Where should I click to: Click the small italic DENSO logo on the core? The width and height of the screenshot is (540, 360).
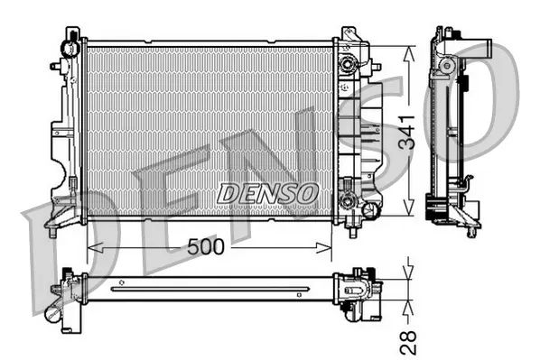[268, 192]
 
